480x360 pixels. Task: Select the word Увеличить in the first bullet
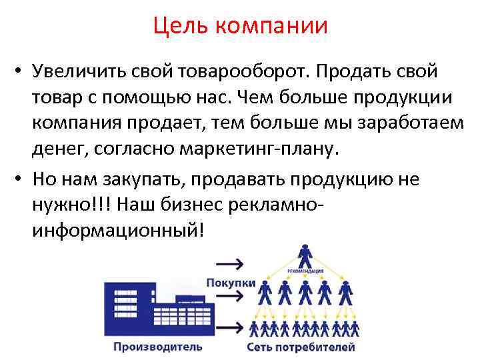tap(81, 71)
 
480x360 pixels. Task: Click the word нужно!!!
tap(67, 205)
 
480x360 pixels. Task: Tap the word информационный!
tap(119, 231)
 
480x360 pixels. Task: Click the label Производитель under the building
tap(157, 347)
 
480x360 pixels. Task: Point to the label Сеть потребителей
tap(301, 347)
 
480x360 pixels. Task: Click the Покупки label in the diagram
tap(231, 283)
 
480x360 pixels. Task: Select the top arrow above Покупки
tap(229, 261)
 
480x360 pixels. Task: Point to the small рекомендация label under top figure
tap(305, 271)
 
